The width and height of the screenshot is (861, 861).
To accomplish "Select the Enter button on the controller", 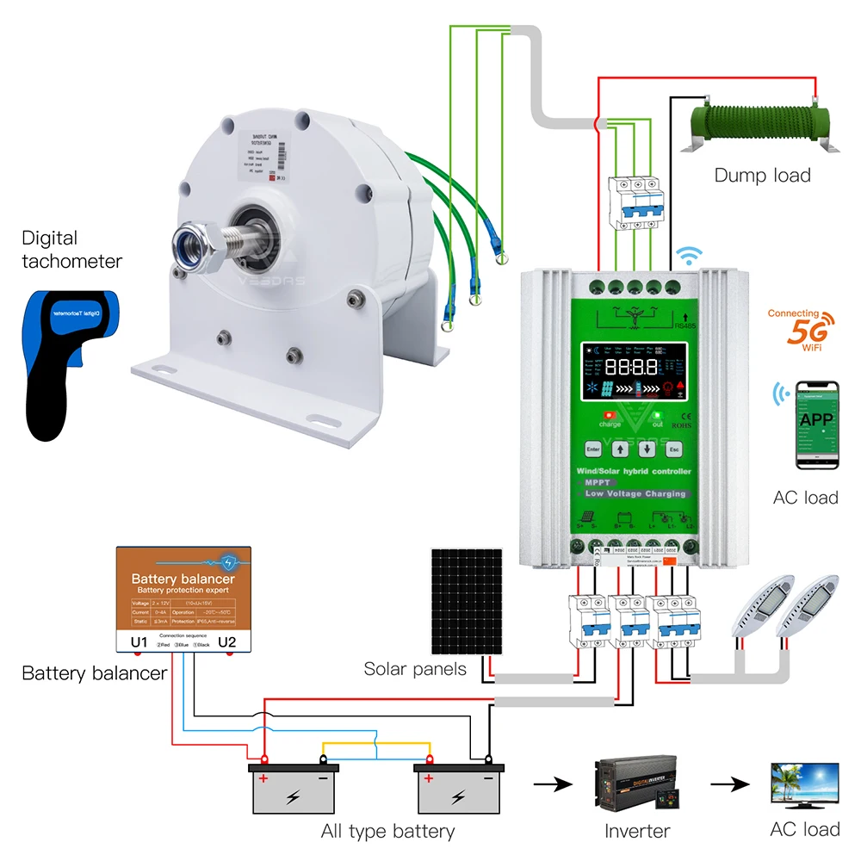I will (593, 449).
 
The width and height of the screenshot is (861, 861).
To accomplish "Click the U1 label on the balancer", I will (140, 641).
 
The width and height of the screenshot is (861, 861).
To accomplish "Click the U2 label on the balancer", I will (227, 641).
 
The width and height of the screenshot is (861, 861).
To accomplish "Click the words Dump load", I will (762, 176).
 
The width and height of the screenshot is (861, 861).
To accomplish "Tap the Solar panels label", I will (415, 669).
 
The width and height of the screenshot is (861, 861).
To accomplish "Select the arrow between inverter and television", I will (729, 785).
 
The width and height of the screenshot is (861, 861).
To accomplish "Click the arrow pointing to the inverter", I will (552, 785).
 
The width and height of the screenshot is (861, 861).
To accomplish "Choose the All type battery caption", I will (387, 831).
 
